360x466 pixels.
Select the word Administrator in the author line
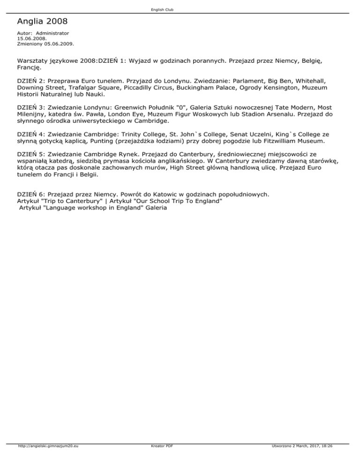pyautogui.click(x=52, y=34)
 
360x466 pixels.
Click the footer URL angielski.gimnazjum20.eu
pyautogui.click(x=47, y=446)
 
